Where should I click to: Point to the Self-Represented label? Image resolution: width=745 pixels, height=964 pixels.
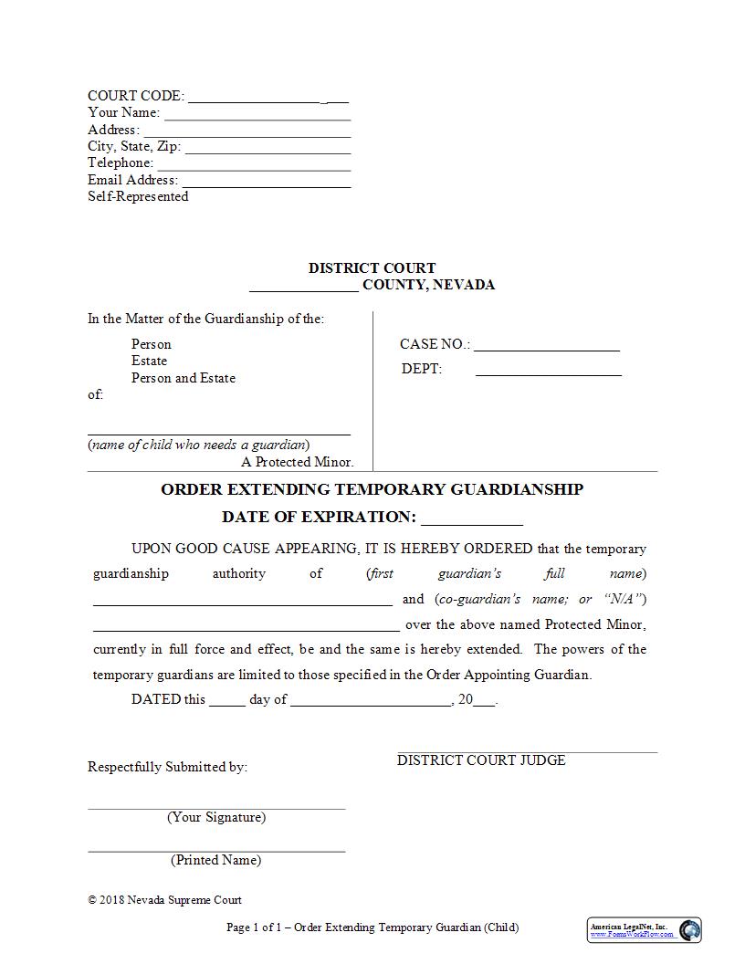pos(138,196)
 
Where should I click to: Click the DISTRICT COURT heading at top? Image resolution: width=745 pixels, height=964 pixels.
pos(372,268)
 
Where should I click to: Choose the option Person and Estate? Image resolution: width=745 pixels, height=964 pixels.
pos(183,378)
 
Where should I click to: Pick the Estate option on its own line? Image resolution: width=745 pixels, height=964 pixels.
pos(149,361)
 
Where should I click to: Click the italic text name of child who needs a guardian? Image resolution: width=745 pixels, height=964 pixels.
pos(198,445)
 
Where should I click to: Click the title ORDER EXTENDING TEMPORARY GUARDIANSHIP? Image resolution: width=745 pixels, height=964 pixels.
pos(372,489)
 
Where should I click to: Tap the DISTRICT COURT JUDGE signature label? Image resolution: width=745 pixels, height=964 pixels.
pos(481,760)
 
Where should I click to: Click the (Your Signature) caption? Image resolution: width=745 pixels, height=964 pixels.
pos(216,817)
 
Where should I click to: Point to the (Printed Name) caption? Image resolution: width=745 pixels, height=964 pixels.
pos(215,860)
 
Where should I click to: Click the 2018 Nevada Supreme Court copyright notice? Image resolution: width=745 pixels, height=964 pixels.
pos(164,899)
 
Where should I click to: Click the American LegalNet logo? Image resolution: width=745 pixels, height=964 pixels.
pos(644,929)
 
